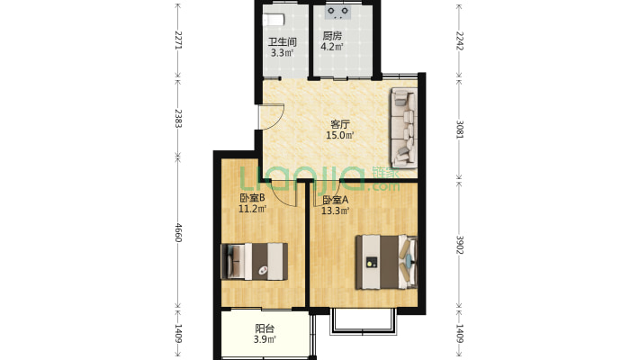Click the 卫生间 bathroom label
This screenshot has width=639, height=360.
tap(282, 41)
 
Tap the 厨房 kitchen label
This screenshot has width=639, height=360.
tap(332, 36)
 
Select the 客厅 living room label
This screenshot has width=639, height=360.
tap(340, 124)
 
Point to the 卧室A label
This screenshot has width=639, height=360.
tap(336, 200)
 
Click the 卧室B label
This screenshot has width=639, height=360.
tap(252, 198)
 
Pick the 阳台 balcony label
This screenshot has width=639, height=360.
tap(265, 328)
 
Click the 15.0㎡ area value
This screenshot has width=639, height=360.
tap(340, 135)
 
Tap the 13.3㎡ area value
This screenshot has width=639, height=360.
tap(336, 211)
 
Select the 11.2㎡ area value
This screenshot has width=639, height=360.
tap(252, 209)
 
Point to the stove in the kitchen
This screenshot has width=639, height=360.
tap(338, 13)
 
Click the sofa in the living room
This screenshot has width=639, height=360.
tap(404, 128)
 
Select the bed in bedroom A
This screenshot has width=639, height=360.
tap(386, 262)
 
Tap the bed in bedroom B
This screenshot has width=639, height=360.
tap(254, 261)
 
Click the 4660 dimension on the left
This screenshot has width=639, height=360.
tap(178, 232)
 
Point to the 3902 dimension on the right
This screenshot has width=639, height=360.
tap(459, 245)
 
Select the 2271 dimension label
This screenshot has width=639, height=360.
tap(178, 40)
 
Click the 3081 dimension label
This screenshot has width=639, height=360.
tap(459, 129)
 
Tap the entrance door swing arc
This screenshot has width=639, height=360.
tap(278, 118)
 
